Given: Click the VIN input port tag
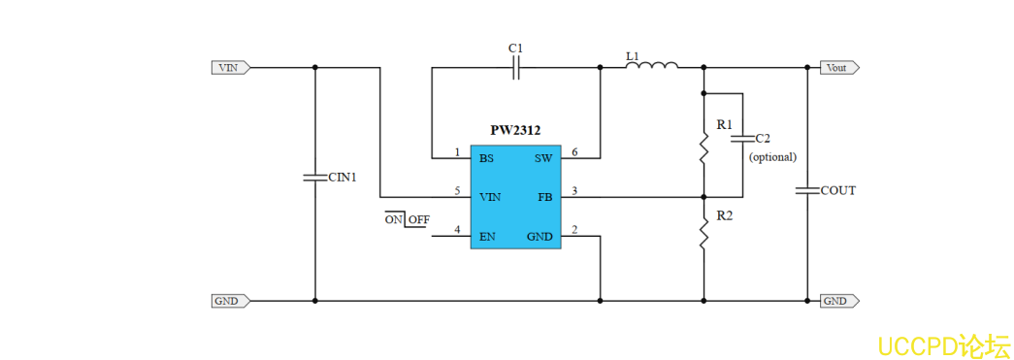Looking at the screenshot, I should coord(231,68).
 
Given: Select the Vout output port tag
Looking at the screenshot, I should coord(838,68).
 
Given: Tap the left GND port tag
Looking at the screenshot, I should coord(231,301).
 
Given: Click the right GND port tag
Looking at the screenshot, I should coord(838,301).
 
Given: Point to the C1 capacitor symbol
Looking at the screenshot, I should coord(516,68).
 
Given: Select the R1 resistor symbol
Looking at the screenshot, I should coord(703,148).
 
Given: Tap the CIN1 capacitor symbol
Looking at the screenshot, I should coord(314,178).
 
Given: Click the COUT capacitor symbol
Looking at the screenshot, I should coord(807,190).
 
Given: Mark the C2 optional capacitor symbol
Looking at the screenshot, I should coord(742,139).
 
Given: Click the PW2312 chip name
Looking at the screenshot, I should coord(515,130).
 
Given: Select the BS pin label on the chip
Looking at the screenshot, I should coord(486,157).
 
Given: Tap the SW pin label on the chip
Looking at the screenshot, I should coord(543,157).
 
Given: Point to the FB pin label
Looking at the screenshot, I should coord(545,196).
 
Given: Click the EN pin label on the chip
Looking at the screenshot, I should coord(487,236).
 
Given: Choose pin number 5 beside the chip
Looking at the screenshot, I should coord(457,191).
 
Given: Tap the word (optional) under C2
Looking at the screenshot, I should coord(772,156).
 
